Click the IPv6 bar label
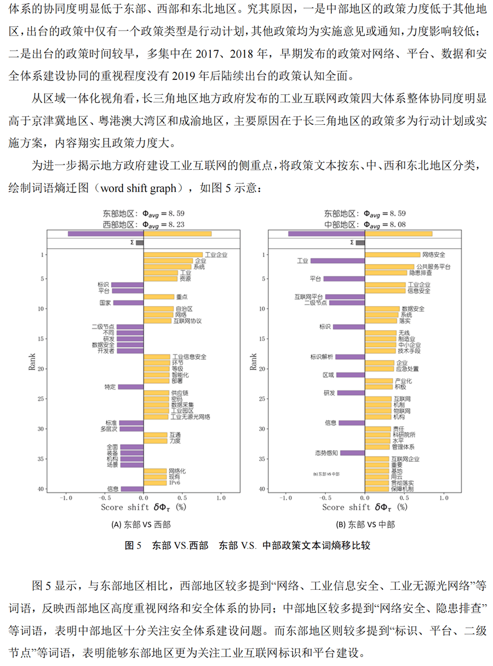(x=175, y=483)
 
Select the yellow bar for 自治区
(x=159, y=309)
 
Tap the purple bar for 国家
(x=128, y=303)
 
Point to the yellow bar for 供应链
(x=157, y=393)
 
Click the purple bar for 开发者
(x=130, y=351)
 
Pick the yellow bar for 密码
(x=157, y=399)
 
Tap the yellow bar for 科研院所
(x=378, y=435)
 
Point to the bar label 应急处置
(x=407, y=369)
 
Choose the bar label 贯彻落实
(x=401, y=483)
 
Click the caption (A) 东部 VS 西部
(x=141, y=524)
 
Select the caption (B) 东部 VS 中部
(x=365, y=524)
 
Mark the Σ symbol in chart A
(x=131, y=243)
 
